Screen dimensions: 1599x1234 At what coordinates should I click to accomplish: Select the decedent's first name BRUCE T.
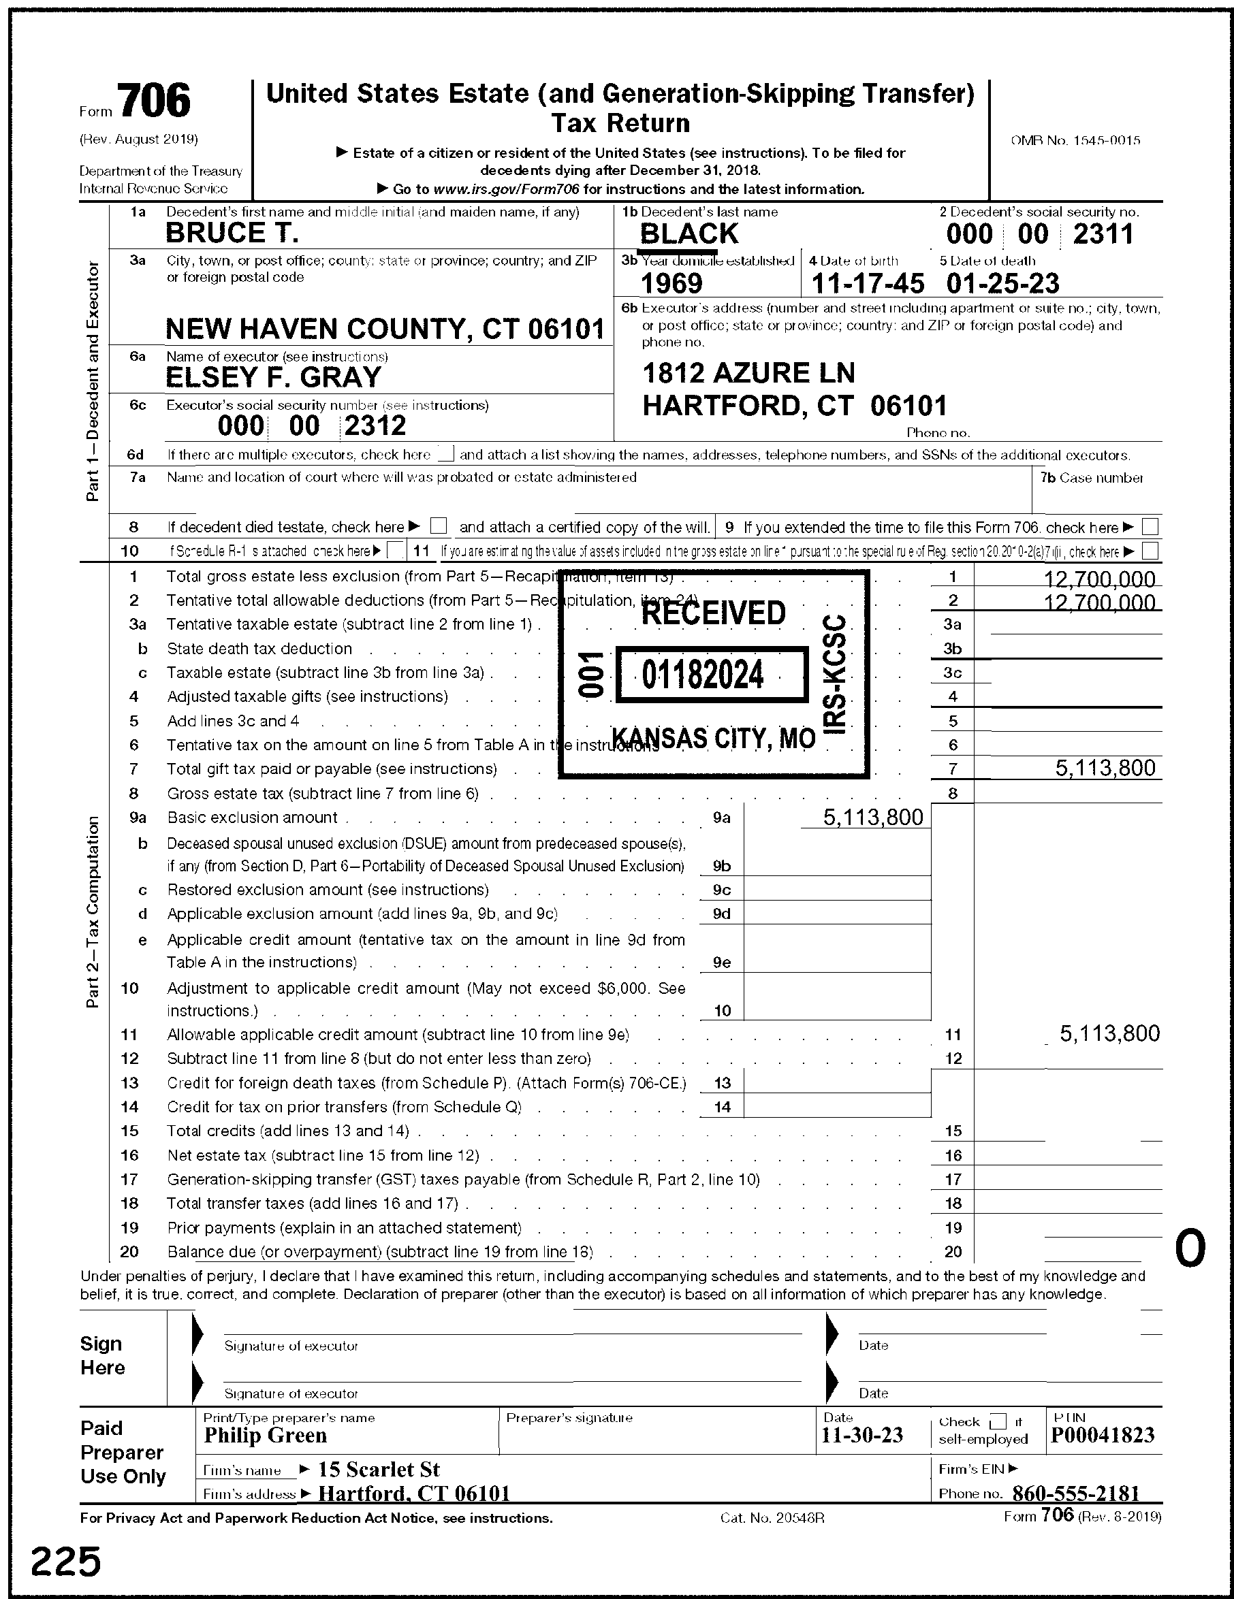[232, 233]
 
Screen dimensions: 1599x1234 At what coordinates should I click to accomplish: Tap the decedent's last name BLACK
[689, 234]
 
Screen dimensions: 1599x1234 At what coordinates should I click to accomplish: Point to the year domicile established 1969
[671, 283]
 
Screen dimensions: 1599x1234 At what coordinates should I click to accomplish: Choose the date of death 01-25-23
[1002, 283]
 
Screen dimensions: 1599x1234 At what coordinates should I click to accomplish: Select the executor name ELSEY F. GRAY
[274, 378]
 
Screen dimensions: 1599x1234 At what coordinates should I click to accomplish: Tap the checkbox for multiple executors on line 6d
[445, 455]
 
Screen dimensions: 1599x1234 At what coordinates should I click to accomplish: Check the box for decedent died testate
[439, 526]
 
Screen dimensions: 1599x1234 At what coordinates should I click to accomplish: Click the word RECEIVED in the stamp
[713, 613]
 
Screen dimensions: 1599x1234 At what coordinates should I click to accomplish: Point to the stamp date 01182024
[703, 675]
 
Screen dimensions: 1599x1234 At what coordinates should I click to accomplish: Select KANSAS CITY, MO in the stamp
[713, 738]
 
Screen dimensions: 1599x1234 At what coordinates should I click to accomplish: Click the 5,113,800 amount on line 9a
[873, 817]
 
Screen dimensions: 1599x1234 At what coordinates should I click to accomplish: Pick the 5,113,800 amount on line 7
[1105, 768]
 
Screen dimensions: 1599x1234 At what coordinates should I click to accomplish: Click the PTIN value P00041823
[1102, 1435]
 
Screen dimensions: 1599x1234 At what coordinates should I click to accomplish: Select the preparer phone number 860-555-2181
[1076, 1493]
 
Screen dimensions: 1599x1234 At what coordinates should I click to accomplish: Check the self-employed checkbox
[998, 1422]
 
